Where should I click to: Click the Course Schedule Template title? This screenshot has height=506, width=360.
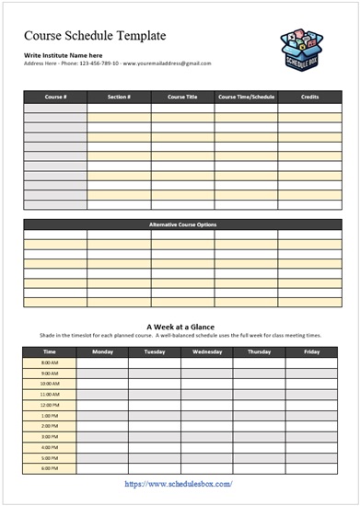pyautogui.click(x=95, y=36)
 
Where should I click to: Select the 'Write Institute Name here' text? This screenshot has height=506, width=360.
pyautogui.click(x=63, y=55)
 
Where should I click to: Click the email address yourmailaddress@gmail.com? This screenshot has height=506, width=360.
pyautogui.click(x=167, y=63)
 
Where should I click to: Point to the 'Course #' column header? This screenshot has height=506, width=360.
pyautogui.click(x=55, y=96)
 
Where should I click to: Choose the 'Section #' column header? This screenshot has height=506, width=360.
pyautogui.click(x=119, y=96)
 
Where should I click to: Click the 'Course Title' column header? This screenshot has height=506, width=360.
pyautogui.click(x=182, y=96)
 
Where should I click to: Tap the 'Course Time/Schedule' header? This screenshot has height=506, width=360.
pyautogui.click(x=246, y=96)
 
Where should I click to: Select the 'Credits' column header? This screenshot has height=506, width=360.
pyautogui.click(x=309, y=96)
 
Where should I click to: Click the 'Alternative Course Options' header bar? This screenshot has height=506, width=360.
pyautogui.click(x=182, y=224)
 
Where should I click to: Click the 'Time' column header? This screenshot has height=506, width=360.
pyautogui.click(x=50, y=351)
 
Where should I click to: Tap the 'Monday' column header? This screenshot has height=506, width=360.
pyautogui.click(x=102, y=351)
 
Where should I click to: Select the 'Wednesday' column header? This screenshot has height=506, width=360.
pyautogui.click(x=206, y=351)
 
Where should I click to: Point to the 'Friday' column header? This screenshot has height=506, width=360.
pyautogui.click(x=311, y=351)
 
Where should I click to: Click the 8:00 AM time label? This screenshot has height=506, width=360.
pyautogui.click(x=50, y=362)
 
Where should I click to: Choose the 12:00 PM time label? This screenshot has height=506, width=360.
pyautogui.click(x=50, y=405)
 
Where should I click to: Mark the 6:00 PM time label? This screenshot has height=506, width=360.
pyautogui.click(x=50, y=468)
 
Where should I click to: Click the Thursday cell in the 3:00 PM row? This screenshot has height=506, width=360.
pyautogui.click(x=259, y=436)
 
